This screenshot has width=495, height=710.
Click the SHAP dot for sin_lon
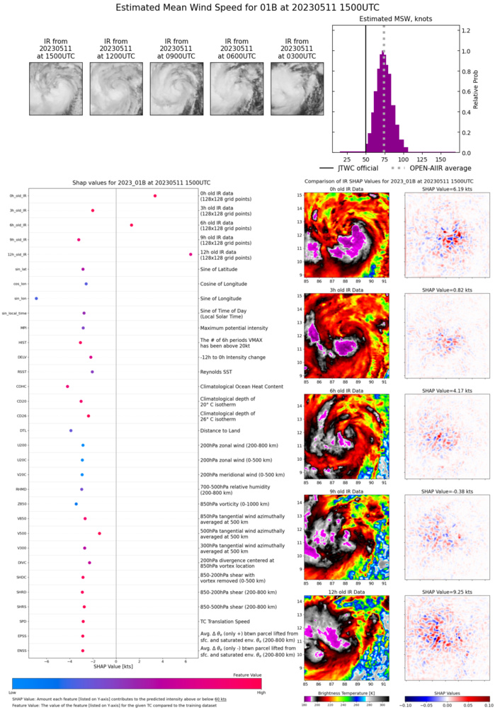[36, 299]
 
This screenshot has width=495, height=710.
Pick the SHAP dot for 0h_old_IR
[155, 196]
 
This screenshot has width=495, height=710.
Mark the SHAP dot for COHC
[67, 387]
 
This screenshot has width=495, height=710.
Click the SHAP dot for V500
[99, 534]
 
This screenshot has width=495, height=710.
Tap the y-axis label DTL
[23, 430]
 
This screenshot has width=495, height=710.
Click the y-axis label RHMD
[22, 489]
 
